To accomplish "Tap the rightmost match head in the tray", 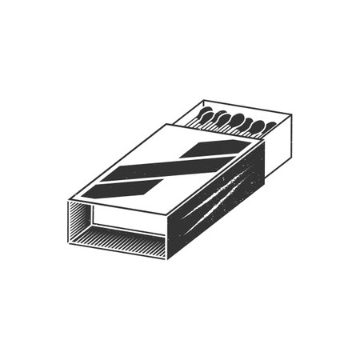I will [269, 126].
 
